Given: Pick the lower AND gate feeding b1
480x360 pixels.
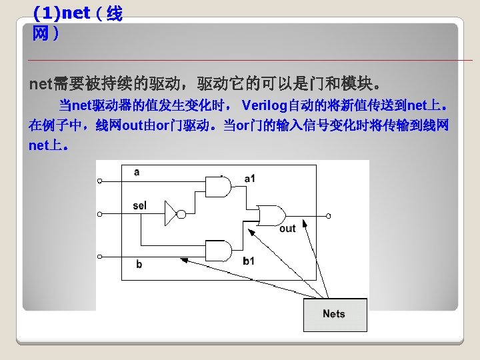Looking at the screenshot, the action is coord(220,251).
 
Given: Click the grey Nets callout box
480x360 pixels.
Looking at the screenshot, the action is coord(335,314).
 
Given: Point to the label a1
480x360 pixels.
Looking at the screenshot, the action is coord(250,178).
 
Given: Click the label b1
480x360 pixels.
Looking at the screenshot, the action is coord(248,261).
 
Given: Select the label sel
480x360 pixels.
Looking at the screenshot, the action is coord(139,205).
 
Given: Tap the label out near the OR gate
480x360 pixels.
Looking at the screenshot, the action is coord(287,229).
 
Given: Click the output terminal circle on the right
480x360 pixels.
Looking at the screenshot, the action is coord(328,216).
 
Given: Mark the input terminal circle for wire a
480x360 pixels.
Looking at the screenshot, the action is coord(99,181).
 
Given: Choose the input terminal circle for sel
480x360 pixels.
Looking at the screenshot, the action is coord(99,215).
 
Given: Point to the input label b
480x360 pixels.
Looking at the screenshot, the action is coord(139,265).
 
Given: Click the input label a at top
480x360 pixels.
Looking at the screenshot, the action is coord(137,172).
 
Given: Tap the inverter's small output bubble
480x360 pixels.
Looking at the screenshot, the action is coord(180,215).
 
